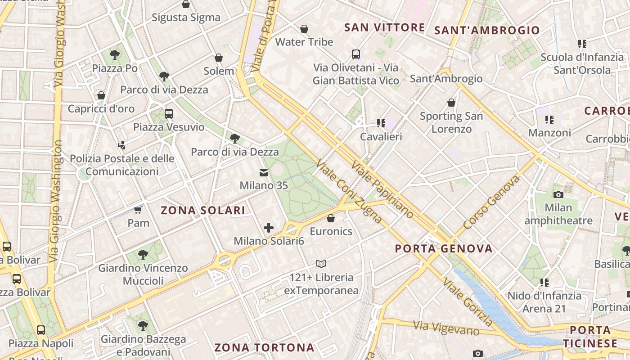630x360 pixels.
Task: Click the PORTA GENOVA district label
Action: click(x=444, y=248)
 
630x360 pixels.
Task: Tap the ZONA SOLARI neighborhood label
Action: click(x=203, y=210)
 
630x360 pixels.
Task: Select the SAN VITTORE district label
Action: click(x=384, y=27)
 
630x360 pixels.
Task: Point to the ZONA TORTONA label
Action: click(x=264, y=347)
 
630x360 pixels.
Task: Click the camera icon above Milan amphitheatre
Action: click(x=558, y=194)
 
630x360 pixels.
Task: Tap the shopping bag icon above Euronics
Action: click(x=331, y=218)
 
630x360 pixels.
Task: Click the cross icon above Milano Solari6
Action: click(x=269, y=228)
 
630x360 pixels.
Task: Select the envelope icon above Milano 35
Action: click(x=263, y=172)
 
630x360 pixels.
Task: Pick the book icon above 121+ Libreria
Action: click(x=321, y=264)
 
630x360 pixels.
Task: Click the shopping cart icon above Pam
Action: click(x=138, y=210)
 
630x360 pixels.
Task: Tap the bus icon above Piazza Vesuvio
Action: click(x=169, y=114)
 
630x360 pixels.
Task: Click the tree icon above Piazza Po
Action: click(x=115, y=55)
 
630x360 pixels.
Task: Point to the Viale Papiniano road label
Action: click(x=382, y=189)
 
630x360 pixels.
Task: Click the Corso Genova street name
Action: click(x=491, y=202)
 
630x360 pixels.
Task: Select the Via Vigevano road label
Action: click(x=446, y=328)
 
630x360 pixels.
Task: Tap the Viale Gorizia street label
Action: click(x=468, y=301)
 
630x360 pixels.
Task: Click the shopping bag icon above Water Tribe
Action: click(x=304, y=29)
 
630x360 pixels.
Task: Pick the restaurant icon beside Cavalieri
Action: click(x=381, y=123)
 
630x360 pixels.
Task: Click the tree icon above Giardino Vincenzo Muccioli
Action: click(x=143, y=255)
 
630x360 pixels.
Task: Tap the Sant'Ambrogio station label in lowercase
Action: click(x=446, y=79)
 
